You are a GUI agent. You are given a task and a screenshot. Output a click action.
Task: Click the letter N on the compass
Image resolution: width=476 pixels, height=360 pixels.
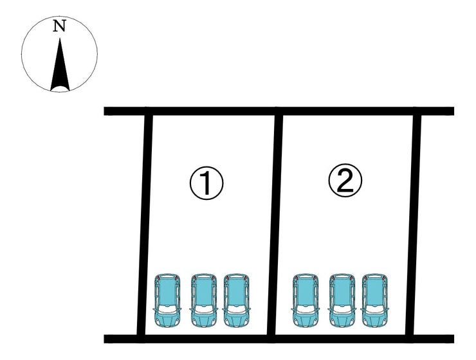point(59,26)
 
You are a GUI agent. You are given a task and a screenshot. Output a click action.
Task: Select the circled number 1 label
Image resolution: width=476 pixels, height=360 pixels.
point(206,184)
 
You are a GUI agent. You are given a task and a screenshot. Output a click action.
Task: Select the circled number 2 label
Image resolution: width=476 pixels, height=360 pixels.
point(345,182)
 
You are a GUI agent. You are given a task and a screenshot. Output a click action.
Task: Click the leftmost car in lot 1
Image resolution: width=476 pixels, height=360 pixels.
point(167,300)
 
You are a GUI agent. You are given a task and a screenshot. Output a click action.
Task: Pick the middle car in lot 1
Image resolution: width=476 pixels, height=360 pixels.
point(203,300)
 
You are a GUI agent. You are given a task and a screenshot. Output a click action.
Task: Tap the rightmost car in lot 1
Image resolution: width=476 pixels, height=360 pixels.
point(236,300)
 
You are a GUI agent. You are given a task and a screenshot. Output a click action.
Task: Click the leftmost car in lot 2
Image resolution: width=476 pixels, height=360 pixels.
point(306,300)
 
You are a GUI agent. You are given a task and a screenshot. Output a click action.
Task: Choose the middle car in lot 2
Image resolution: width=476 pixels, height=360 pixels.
point(342,300)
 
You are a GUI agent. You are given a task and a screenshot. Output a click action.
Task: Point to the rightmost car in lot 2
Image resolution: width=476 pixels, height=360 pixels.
point(375,300)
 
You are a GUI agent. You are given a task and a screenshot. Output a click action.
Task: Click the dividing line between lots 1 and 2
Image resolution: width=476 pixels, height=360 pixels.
point(275,225)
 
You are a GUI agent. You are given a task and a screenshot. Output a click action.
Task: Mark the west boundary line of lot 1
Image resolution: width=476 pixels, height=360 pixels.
point(145,225)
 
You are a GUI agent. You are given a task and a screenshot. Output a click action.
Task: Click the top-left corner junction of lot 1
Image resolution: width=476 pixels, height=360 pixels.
point(149,111)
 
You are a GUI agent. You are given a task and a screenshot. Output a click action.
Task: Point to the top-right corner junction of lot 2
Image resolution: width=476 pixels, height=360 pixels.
point(417,111)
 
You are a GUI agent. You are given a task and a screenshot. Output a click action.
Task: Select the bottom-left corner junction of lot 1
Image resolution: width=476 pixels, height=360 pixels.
point(141,338)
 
